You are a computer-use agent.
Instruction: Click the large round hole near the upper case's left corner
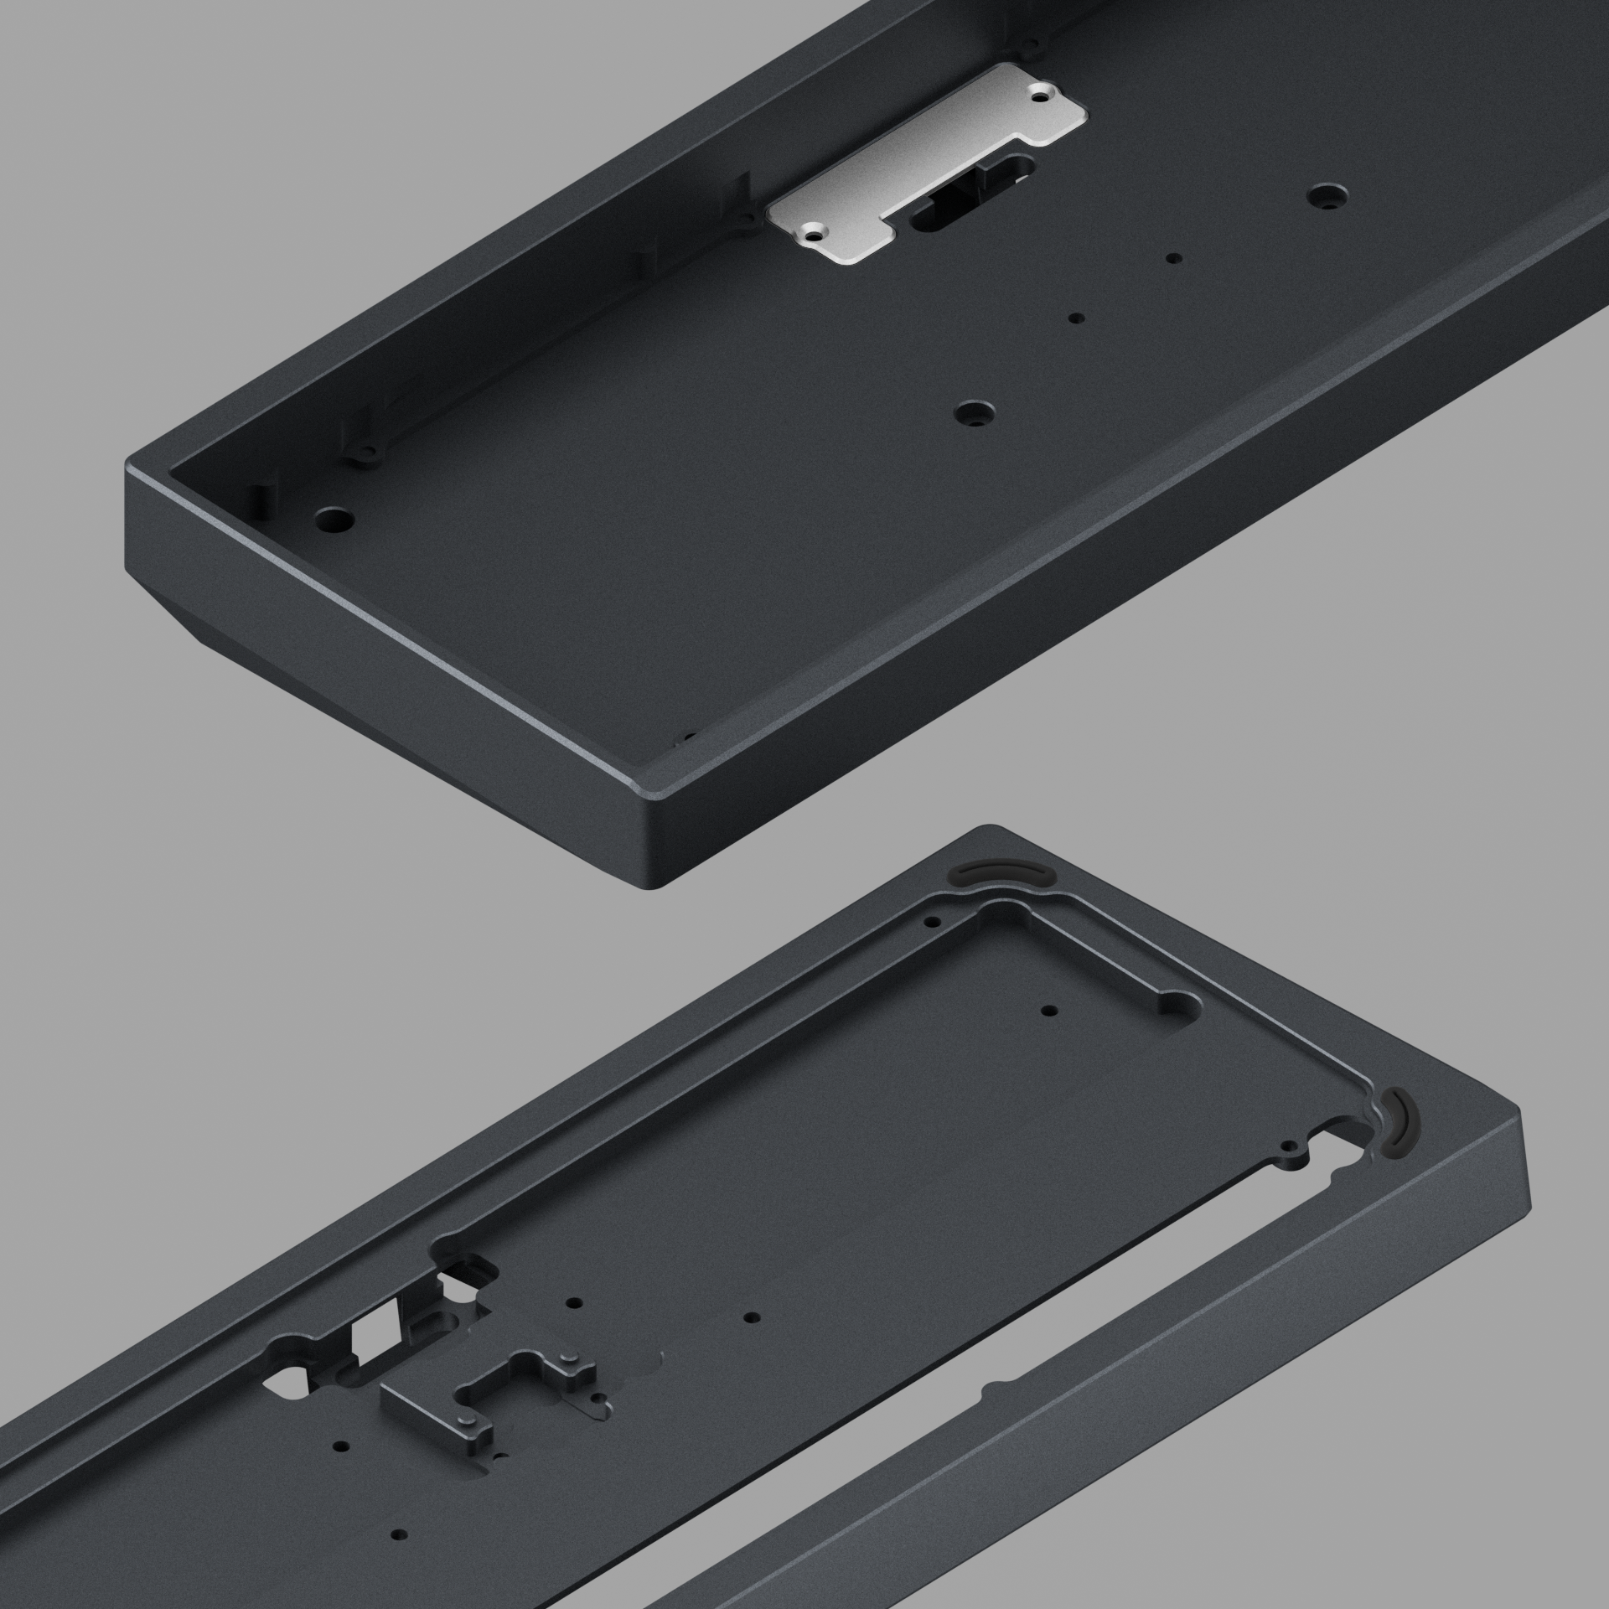click(x=333, y=517)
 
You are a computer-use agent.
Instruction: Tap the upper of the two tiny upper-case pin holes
click(x=1174, y=258)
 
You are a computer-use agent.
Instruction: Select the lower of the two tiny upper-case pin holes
click(x=1078, y=318)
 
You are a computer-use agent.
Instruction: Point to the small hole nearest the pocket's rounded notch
click(x=1046, y=1010)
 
